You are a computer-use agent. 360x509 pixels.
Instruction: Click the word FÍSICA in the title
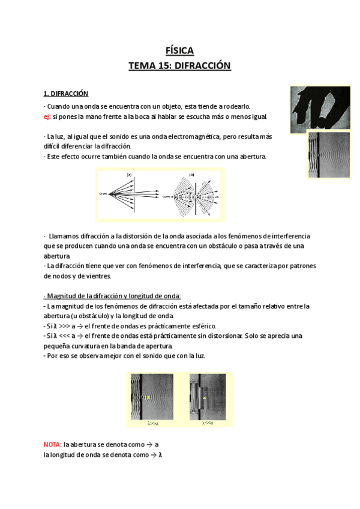tap(179, 50)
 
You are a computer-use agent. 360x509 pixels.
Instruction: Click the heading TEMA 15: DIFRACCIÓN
tap(179, 65)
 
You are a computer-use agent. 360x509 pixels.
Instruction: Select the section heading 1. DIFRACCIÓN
tap(66, 94)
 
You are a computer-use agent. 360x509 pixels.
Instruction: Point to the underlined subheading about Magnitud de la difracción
tap(112, 295)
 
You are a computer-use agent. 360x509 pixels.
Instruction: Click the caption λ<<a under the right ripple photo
tap(207, 423)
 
